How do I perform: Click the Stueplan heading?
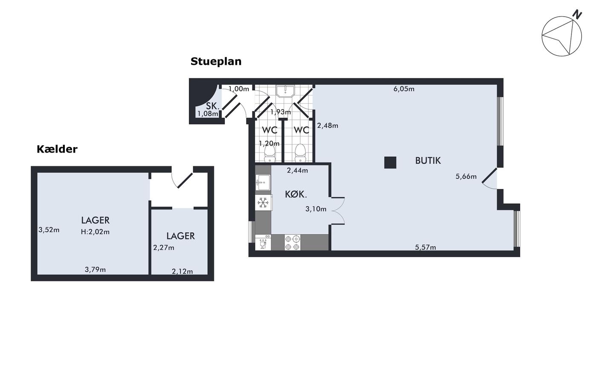coord(216,61)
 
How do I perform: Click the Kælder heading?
coord(57,149)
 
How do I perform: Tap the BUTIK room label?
coord(428,161)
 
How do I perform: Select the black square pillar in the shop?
coord(390,162)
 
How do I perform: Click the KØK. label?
coord(296,194)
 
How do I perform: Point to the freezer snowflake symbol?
coord(264,203)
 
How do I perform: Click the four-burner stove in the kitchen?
coord(293,243)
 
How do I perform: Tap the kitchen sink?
coord(263,183)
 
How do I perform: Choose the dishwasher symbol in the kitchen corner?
coord(263,243)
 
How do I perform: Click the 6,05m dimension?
coord(404,89)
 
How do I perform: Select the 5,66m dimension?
coord(466,176)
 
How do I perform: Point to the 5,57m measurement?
coord(426,247)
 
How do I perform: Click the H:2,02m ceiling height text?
coord(95,232)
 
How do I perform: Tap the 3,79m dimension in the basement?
coord(95,270)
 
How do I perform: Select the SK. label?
coord(213,106)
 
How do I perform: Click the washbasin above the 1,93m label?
coord(285,91)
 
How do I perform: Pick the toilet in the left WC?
coord(270,154)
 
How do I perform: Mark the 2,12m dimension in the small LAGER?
coord(183,272)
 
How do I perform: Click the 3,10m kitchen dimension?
coord(316,209)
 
